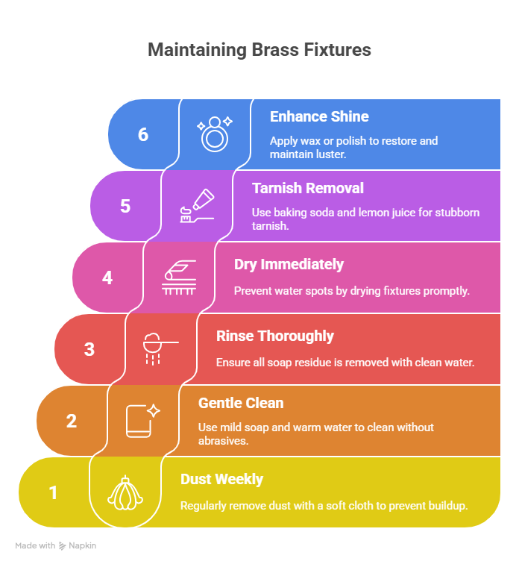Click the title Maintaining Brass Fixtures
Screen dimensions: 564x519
tap(259, 50)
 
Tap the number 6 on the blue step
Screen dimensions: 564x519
tap(143, 134)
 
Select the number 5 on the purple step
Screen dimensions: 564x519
tap(125, 206)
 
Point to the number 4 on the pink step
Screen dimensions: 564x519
tap(107, 278)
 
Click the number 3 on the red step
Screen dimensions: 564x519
tap(89, 349)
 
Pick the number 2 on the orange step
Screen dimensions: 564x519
tap(72, 421)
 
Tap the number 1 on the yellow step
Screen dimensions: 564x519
tap(53, 492)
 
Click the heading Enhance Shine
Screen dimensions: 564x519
tap(319, 117)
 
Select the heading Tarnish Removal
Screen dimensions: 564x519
tap(308, 189)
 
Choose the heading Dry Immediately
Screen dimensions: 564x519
tap(289, 264)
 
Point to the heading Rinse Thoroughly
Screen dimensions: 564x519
tap(274, 336)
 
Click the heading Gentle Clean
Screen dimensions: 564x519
tap(241, 404)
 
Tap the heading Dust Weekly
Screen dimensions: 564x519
tap(221, 479)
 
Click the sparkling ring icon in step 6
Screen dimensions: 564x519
tap(215, 134)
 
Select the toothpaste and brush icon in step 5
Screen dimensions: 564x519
tap(197, 205)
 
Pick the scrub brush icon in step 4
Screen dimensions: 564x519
tap(179, 278)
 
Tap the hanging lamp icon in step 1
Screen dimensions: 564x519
tap(125, 492)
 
